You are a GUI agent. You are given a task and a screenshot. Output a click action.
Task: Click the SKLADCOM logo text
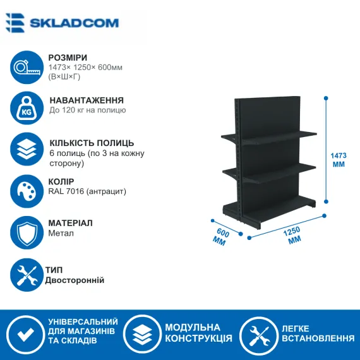point(74,23)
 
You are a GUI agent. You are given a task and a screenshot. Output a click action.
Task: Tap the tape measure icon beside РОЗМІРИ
point(27,68)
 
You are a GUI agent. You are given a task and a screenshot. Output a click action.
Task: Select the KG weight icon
point(27,108)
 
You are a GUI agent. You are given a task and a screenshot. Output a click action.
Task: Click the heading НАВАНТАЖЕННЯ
point(87,100)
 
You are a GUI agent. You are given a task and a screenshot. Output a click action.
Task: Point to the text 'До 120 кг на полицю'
point(88,110)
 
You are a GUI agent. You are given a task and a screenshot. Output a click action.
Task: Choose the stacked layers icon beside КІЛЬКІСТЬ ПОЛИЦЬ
point(27,149)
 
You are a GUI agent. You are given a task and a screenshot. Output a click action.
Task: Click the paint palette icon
point(27,191)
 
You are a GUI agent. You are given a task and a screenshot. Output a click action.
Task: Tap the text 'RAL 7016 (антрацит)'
point(87,191)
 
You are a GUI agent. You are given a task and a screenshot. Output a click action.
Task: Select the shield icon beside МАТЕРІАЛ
point(27,232)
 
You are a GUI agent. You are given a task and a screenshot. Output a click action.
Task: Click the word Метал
point(61,233)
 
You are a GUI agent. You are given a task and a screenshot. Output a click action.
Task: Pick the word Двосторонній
point(75,280)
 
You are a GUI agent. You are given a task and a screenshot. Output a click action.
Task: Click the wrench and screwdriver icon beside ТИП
point(27,275)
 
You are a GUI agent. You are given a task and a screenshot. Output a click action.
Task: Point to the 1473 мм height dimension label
point(339,160)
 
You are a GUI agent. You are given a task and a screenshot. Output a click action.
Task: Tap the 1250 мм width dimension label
point(292,236)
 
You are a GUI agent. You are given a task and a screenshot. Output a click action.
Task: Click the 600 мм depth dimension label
point(221,237)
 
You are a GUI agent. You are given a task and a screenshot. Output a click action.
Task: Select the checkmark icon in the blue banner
point(25,333)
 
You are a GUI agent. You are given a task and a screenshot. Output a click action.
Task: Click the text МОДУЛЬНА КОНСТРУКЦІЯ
point(198,333)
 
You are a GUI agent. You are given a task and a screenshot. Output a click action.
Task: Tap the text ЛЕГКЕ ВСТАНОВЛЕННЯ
point(318,333)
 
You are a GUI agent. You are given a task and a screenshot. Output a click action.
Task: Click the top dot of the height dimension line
point(326,99)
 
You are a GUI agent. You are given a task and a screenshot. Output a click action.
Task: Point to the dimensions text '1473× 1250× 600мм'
point(85,68)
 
